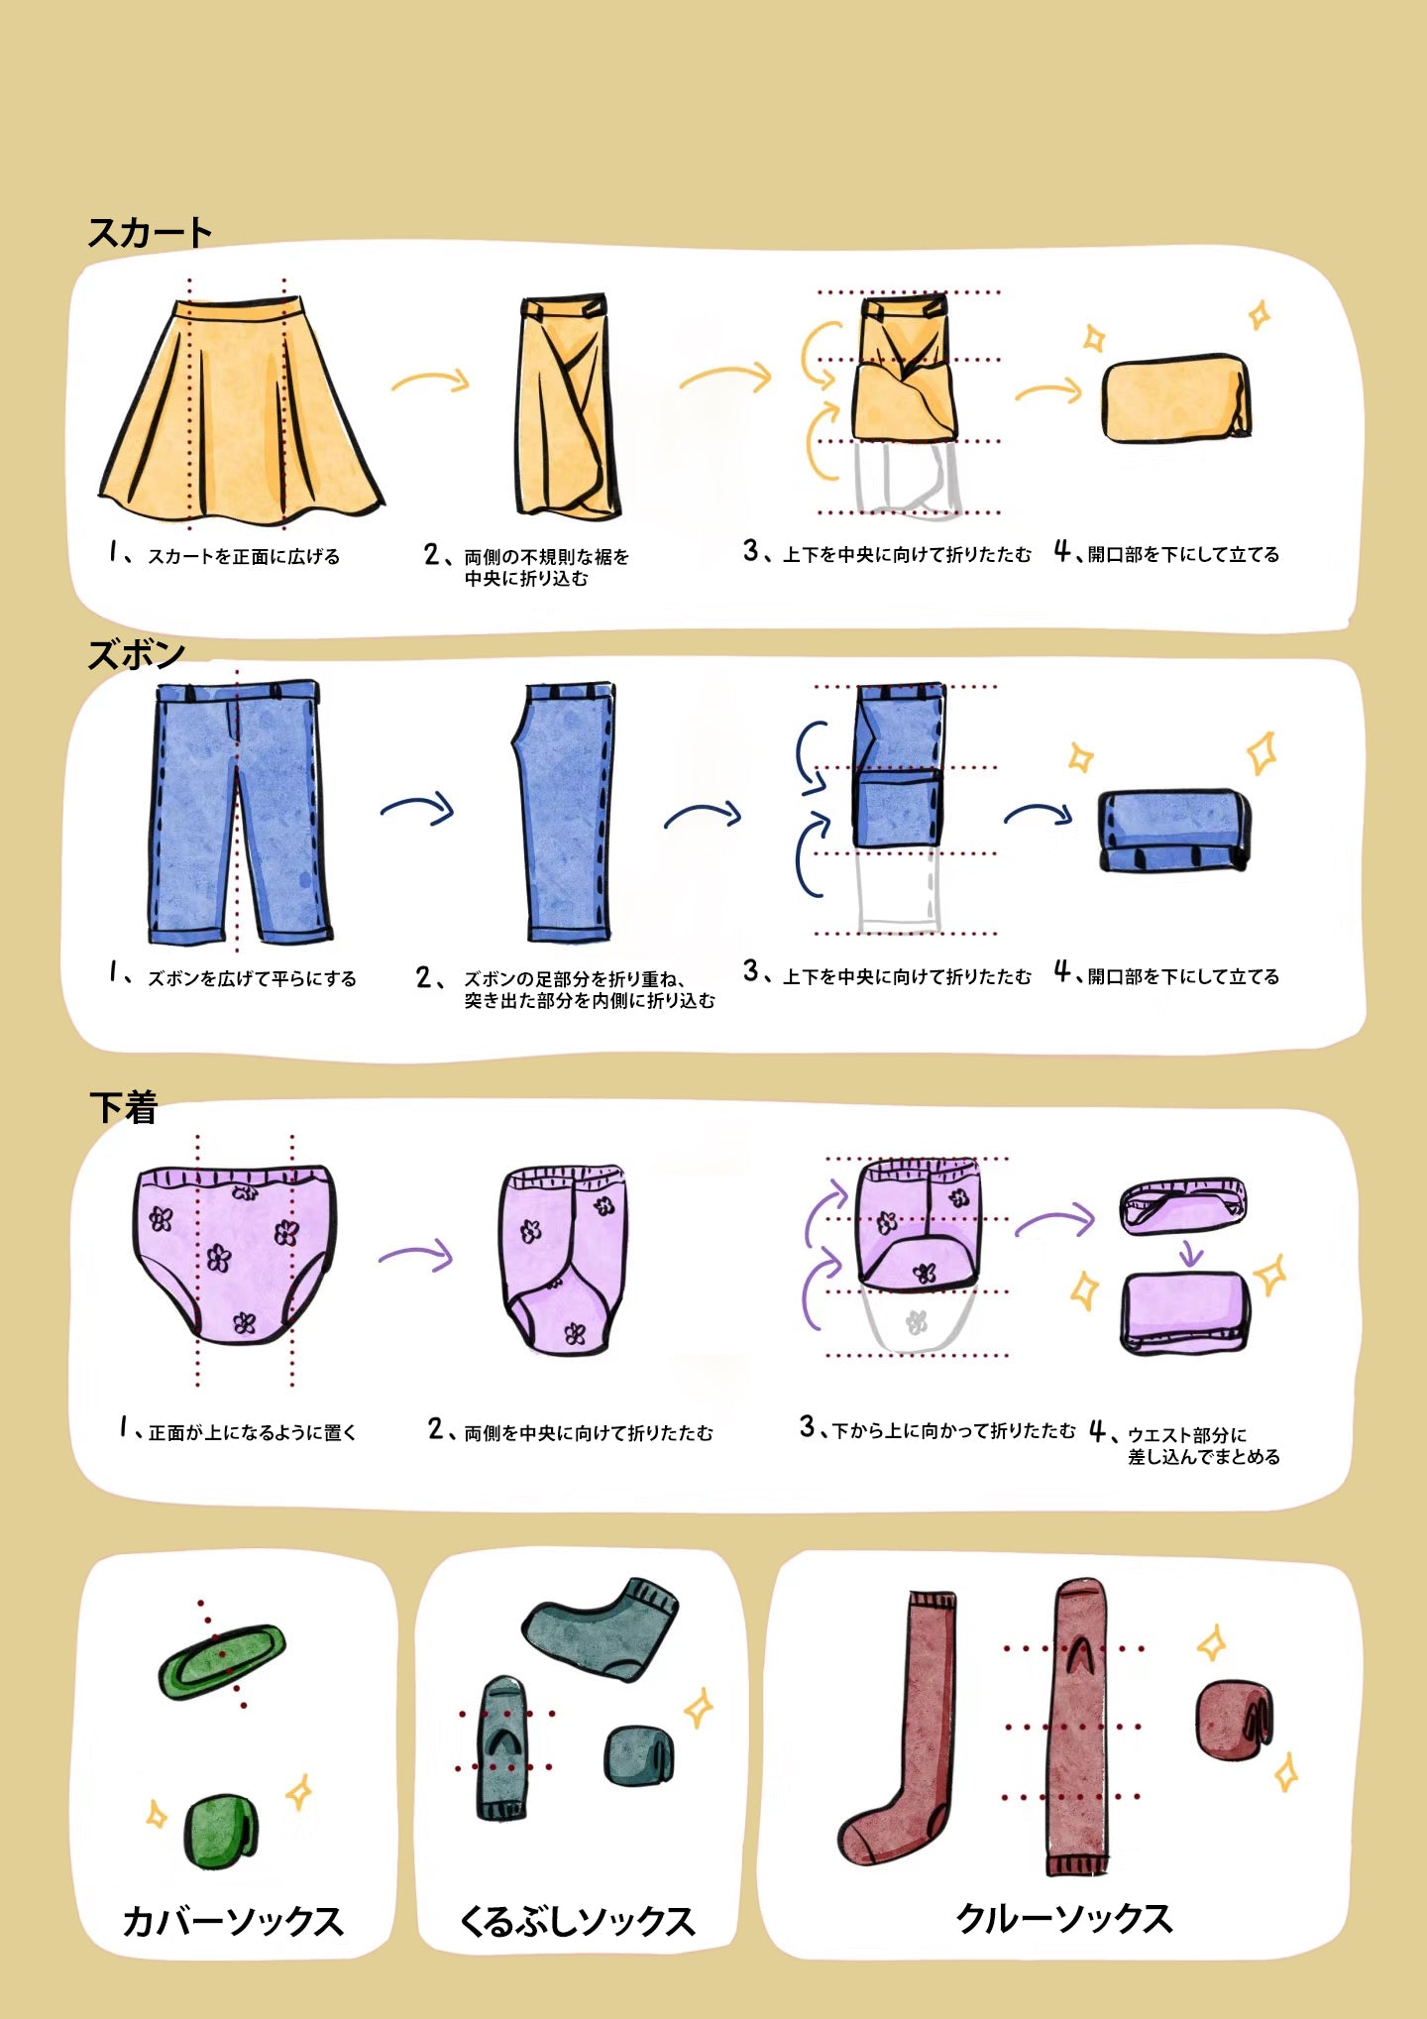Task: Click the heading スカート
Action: click(x=150, y=233)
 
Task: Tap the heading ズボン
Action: click(x=137, y=654)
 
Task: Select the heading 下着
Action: click(x=124, y=1107)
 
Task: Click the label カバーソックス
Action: click(x=233, y=1921)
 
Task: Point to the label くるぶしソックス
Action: click(x=577, y=1921)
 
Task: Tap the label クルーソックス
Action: click(x=1064, y=1918)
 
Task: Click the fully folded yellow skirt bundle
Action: click(x=1176, y=398)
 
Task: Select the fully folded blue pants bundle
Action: click(x=1174, y=831)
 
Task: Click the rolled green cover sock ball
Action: click(x=221, y=1831)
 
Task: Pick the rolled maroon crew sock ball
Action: click(x=1234, y=1720)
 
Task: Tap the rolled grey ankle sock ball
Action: click(x=638, y=1755)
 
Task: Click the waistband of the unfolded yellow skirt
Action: click(x=238, y=309)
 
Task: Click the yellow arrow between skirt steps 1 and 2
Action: click(x=430, y=380)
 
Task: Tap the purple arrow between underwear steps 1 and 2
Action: click(x=415, y=1255)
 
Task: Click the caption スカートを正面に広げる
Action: click(x=244, y=556)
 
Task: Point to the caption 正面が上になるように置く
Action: click(x=252, y=1432)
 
